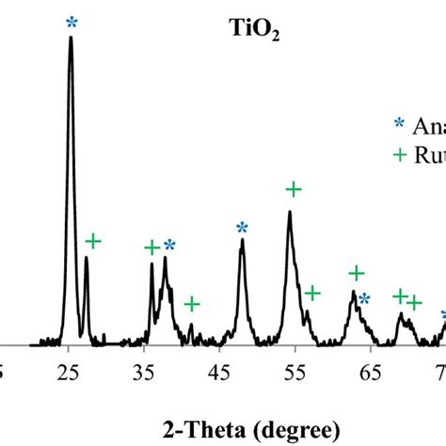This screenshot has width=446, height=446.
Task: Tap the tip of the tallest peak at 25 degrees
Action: point(71,39)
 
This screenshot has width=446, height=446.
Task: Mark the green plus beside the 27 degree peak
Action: point(92,242)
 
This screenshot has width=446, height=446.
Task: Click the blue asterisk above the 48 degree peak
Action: point(242,228)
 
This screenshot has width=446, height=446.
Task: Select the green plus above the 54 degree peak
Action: point(293,190)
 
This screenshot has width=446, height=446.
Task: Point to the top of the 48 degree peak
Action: point(242,240)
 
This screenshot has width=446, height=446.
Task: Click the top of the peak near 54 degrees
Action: point(290,212)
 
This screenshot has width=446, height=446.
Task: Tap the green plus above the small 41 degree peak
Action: point(192,304)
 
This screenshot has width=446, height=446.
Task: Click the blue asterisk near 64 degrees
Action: point(364,299)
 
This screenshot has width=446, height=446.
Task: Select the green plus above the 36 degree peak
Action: point(152,247)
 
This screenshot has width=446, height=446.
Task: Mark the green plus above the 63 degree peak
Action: point(357,274)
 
